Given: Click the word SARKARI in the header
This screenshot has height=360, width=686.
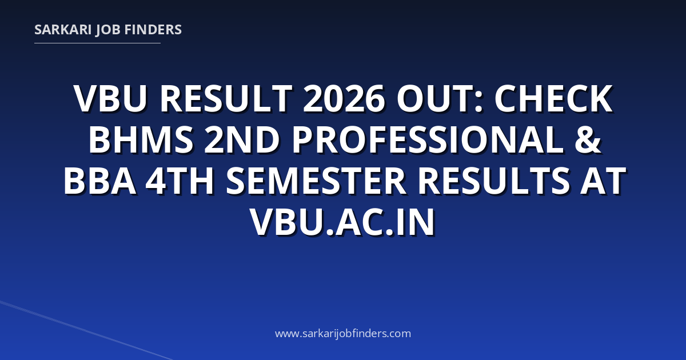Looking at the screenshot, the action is (x=63, y=30).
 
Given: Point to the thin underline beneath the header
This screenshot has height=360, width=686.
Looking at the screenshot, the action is (x=97, y=43).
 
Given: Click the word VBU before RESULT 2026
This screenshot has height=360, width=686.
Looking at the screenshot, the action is (x=110, y=99).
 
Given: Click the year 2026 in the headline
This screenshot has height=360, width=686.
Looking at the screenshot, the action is (x=344, y=99).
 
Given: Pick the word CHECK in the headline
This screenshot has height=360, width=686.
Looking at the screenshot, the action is (x=554, y=99).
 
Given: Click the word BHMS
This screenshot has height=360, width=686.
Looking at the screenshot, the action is (x=141, y=140).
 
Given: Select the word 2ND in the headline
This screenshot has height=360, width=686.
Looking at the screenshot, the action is (x=242, y=140).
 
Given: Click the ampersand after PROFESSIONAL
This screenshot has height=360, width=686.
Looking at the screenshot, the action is (x=588, y=140).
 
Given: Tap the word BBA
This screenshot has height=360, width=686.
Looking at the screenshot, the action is (x=100, y=181).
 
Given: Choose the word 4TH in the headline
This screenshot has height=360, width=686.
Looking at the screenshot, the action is (x=180, y=181).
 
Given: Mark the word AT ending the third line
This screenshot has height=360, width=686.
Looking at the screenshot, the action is (x=602, y=181).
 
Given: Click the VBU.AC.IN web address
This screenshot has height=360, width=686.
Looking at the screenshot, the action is (x=342, y=222).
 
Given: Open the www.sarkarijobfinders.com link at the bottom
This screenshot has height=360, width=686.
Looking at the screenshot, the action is (x=343, y=333).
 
